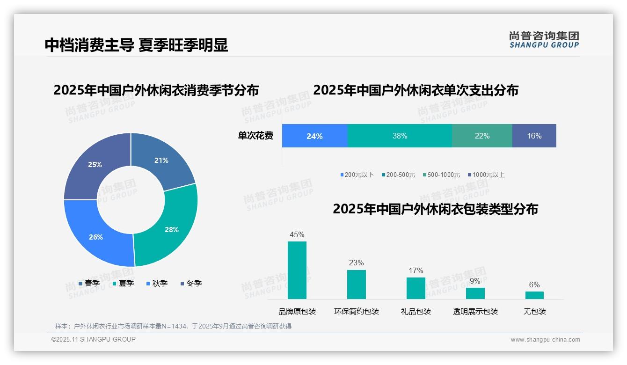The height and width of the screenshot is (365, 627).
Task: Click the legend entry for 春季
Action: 89,283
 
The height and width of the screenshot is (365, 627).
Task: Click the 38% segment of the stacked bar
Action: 400,136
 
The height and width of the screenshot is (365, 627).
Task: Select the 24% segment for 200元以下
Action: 314,136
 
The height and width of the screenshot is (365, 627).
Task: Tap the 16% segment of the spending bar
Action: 534,136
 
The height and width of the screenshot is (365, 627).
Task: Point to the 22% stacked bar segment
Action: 482,136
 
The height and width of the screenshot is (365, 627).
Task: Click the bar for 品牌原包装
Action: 297,270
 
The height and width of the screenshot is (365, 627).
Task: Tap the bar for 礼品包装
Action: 416,288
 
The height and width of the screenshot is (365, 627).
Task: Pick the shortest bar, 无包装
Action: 534,295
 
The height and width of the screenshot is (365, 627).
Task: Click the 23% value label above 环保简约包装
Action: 356,263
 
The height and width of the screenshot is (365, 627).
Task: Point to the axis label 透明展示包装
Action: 475,312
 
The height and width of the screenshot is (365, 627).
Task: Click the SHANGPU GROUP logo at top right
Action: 544,40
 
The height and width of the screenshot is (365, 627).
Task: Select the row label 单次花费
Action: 255,136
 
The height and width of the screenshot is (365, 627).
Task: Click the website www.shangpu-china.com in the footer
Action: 545,340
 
